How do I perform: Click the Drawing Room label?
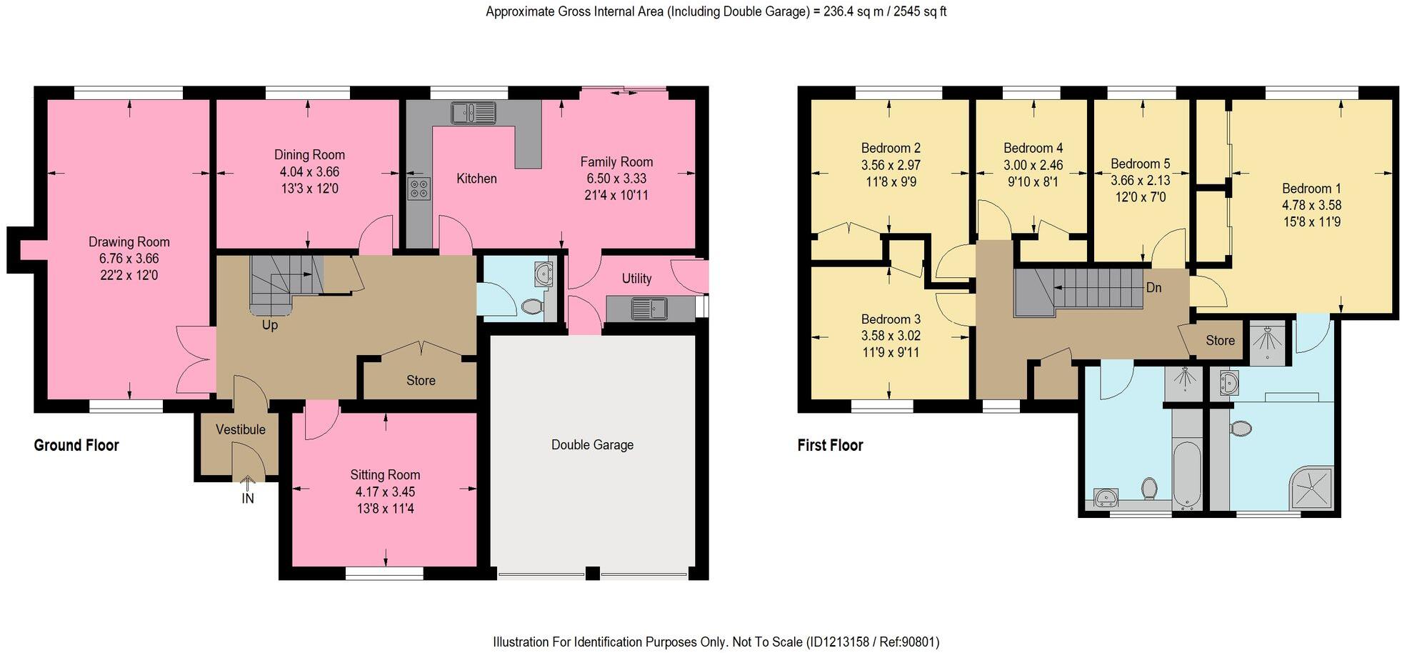(x=129, y=241)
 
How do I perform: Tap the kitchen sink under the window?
(x=473, y=113)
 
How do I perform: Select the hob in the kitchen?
(x=419, y=189)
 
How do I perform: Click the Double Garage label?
(x=592, y=444)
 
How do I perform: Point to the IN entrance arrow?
(x=248, y=486)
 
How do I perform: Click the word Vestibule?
(x=241, y=429)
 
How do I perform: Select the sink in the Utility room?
(x=649, y=309)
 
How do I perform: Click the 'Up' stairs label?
(x=270, y=325)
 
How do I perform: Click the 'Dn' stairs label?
(x=1153, y=287)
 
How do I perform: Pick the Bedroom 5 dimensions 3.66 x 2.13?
(x=1141, y=180)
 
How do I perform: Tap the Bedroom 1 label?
(x=1311, y=189)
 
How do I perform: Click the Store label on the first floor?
(x=1220, y=340)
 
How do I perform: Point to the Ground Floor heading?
(x=76, y=445)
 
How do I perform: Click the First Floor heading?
(x=830, y=445)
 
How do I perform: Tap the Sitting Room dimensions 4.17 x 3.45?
(x=385, y=492)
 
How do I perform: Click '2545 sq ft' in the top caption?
(x=913, y=11)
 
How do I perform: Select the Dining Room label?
(x=309, y=154)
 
